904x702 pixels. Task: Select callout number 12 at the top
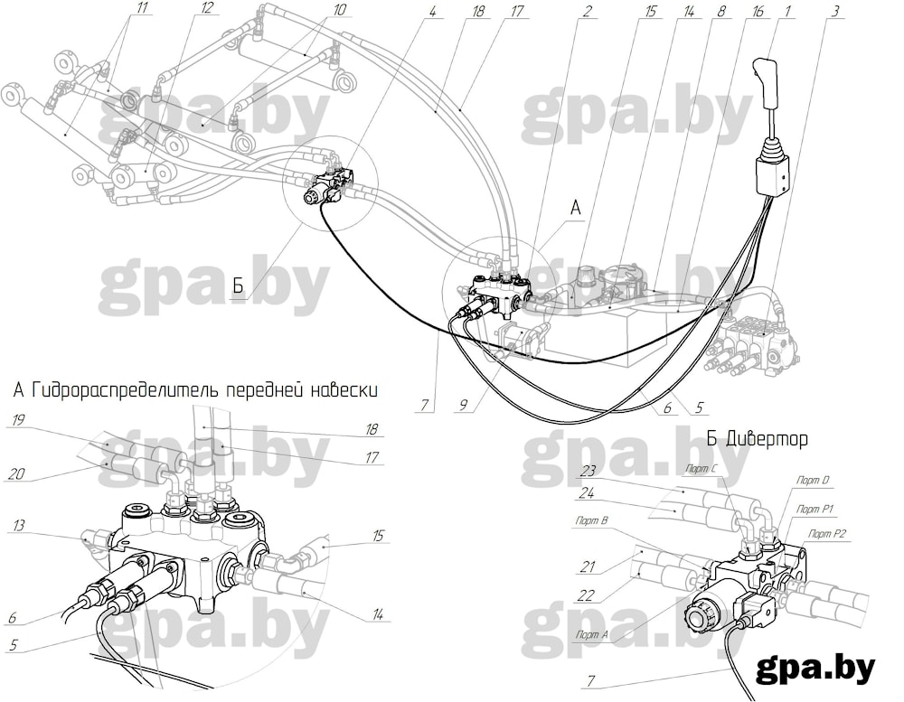(207, 8)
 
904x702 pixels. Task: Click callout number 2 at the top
(587, 10)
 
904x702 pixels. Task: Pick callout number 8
(721, 11)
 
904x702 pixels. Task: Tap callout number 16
(758, 11)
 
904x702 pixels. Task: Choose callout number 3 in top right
(834, 11)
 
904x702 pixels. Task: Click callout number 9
(463, 406)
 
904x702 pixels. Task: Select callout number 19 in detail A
(18, 419)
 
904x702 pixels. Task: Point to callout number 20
(16, 473)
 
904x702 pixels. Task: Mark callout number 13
(19, 526)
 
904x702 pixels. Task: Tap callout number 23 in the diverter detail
(588, 471)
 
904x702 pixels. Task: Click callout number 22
(585, 594)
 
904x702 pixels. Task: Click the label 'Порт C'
(702, 469)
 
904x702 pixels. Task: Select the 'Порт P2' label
(827, 534)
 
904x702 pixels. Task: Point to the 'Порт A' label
(591, 634)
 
